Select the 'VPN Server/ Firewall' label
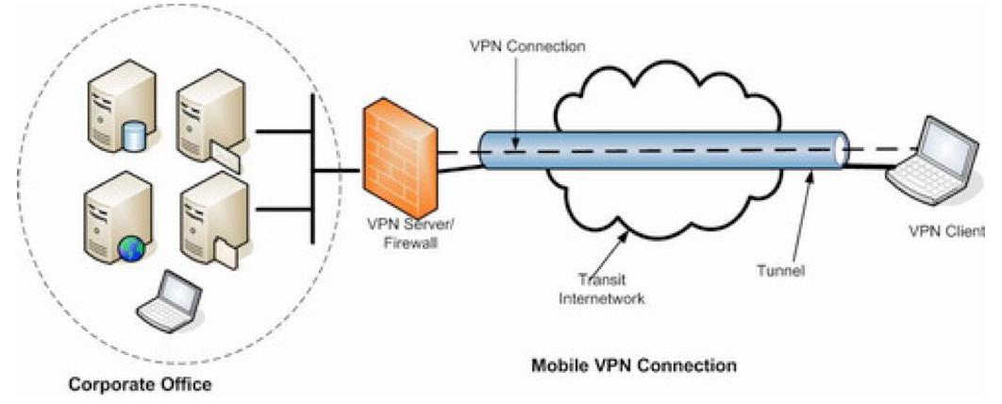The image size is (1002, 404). pos(399,236)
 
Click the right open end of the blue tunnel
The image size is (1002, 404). pos(840,151)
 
